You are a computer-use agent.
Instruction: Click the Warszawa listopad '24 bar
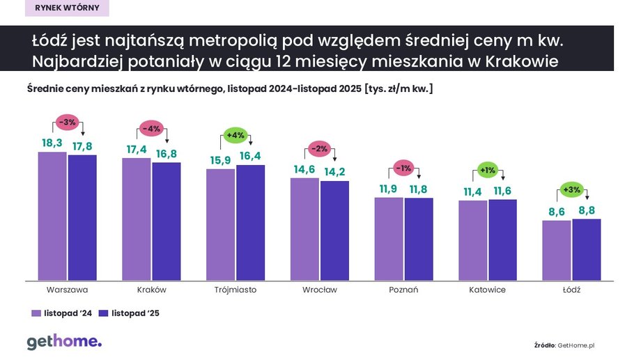[x=52, y=216]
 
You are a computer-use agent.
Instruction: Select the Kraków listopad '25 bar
[x=166, y=221]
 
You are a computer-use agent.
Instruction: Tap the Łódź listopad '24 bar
[x=557, y=251]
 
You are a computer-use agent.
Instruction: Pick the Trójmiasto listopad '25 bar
[x=250, y=223]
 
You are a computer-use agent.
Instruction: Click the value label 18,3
[x=53, y=142]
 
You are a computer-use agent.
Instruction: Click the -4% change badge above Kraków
[x=151, y=128]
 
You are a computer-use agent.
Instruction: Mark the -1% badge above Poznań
[x=403, y=169]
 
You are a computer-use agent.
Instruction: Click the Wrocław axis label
[x=320, y=290]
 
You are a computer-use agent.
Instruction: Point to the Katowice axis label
[x=488, y=290]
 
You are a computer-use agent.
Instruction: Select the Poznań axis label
[x=403, y=290]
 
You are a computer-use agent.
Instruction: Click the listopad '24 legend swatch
[x=36, y=313]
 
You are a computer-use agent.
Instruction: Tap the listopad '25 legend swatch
[x=104, y=313]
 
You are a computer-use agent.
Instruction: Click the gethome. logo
[x=64, y=342]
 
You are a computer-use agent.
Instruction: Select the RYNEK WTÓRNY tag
[x=67, y=8]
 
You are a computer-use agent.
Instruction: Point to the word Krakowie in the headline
[x=519, y=61]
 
